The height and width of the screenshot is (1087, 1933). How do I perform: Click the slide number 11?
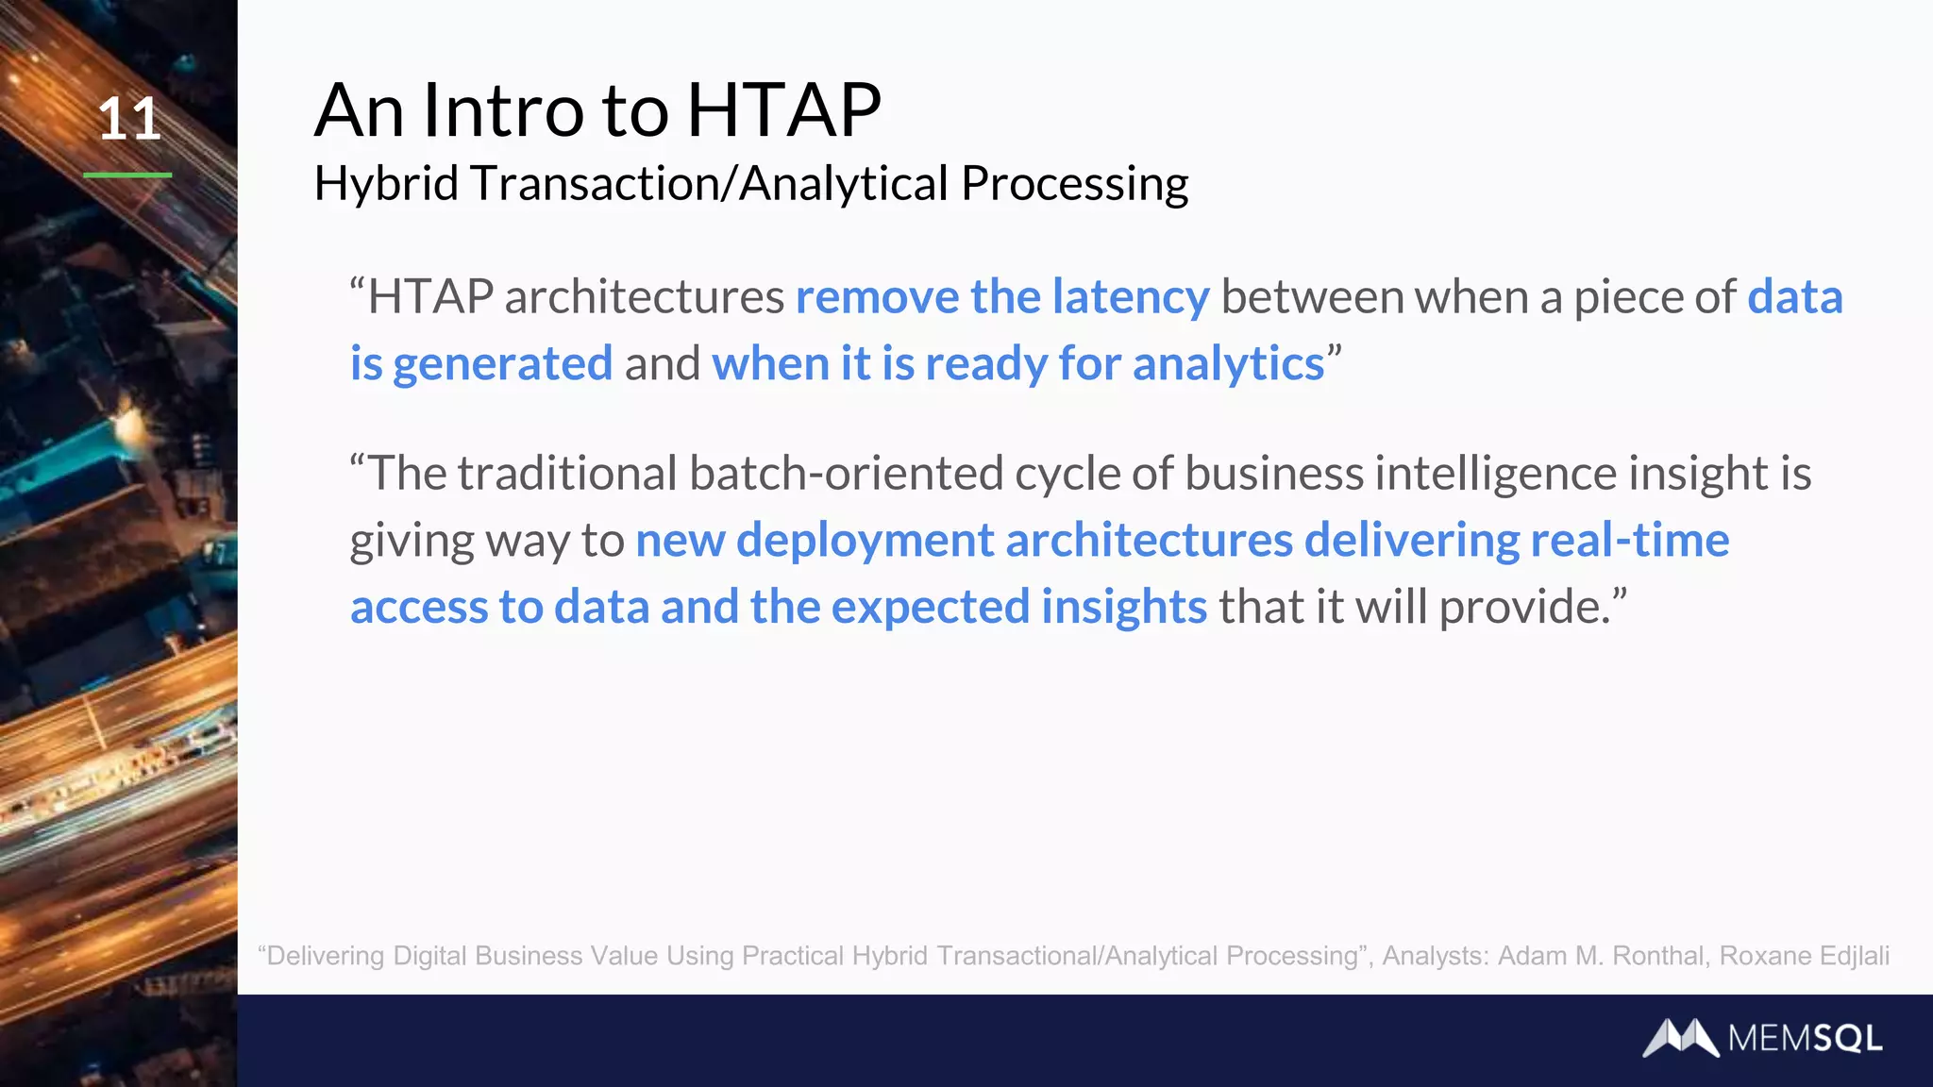click(x=129, y=120)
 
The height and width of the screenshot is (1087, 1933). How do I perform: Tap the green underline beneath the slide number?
click(x=127, y=175)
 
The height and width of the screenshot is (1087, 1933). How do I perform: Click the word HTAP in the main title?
click(x=783, y=110)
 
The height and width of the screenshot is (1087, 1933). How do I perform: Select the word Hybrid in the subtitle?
click(x=386, y=183)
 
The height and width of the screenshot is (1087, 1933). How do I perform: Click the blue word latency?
click(x=1130, y=297)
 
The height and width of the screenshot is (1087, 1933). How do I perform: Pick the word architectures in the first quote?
click(x=644, y=297)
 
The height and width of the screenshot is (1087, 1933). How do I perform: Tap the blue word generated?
click(x=502, y=364)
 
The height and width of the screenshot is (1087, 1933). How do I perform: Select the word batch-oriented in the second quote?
click(x=846, y=473)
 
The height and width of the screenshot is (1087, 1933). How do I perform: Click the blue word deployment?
click(x=865, y=541)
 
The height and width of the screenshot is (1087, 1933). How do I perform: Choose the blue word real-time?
click(x=1629, y=541)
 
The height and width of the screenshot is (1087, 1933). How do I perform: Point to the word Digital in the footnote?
click(x=429, y=956)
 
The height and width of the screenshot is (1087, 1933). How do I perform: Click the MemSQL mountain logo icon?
click(x=1680, y=1038)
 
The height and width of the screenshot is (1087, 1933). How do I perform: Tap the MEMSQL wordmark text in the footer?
click(x=1805, y=1039)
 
